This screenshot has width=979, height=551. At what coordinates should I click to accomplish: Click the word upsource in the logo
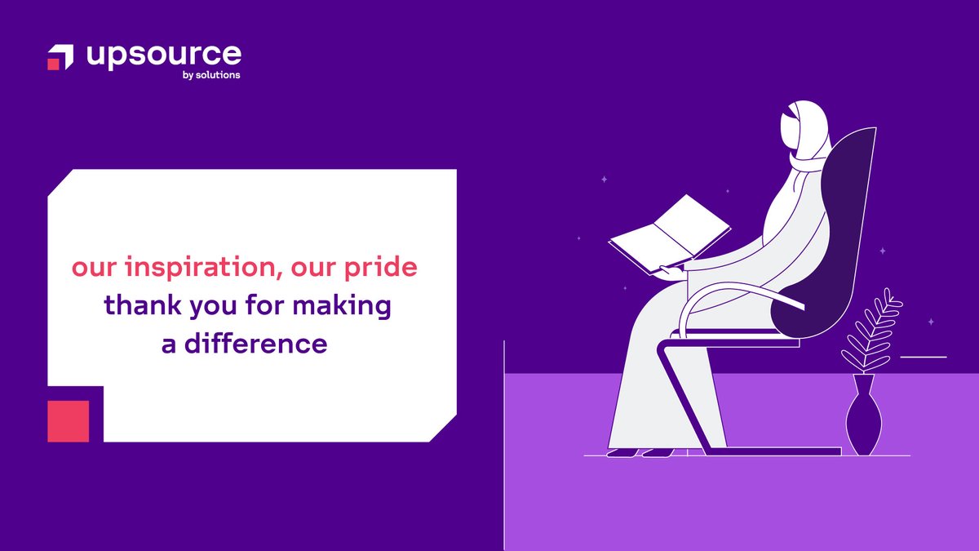pyautogui.click(x=163, y=56)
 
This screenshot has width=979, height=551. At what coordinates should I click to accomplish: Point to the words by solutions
pyautogui.click(x=212, y=76)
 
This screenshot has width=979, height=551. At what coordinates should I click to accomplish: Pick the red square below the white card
pyautogui.click(x=68, y=421)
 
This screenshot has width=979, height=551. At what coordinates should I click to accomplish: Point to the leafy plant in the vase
pyautogui.click(x=871, y=331)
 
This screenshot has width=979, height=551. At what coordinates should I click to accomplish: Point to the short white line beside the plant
pyautogui.click(x=923, y=357)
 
